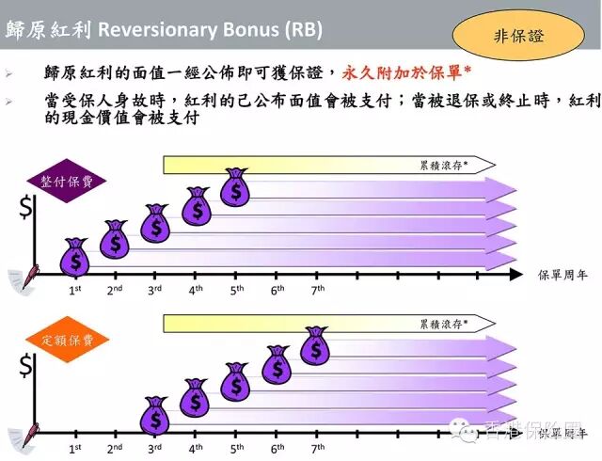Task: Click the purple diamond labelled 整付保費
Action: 67,182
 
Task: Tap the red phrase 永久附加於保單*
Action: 406,72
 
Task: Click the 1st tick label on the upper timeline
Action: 74,290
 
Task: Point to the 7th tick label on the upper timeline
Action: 318,290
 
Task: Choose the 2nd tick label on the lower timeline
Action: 115,449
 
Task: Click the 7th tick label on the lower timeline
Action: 318,449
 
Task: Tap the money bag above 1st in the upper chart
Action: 75,257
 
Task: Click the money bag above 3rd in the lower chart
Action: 155,416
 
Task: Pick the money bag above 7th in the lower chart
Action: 316,346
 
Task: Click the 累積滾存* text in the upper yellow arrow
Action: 443,165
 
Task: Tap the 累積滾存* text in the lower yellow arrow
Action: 443,323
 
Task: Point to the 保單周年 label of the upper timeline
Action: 563,276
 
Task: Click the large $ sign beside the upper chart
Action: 27,209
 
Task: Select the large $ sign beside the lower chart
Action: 27,368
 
